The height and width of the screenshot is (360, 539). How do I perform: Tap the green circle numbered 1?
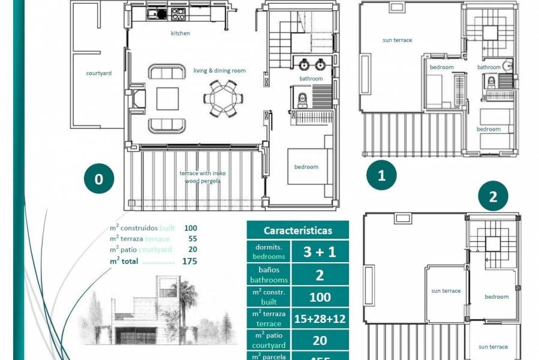tap(381, 175)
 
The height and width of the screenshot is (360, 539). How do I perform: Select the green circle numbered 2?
tap(493, 197)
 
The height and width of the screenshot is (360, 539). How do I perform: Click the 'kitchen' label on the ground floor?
tap(180, 34)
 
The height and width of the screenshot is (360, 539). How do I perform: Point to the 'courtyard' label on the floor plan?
tap(99, 73)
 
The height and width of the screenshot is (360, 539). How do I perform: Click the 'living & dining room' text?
tap(219, 71)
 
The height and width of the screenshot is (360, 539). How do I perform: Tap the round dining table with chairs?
tap(223, 98)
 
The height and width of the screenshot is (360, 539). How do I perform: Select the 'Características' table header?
tap(297, 230)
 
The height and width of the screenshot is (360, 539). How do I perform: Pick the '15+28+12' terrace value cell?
tap(320, 319)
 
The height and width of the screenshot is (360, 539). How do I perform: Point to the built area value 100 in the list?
tap(190, 228)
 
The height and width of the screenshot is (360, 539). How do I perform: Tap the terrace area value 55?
tap(192, 239)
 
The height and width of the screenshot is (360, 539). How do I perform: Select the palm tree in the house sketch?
tap(187, 297)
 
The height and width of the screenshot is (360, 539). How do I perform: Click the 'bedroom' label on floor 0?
tap(306, 167)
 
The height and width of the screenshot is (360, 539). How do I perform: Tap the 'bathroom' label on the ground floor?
tap(311, 79)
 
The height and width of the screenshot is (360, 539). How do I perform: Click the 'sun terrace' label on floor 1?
tap(398, 40)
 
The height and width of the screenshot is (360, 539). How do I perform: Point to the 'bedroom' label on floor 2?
tap(496, 296)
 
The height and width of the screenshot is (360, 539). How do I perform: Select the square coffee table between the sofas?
tap(167, 98)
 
